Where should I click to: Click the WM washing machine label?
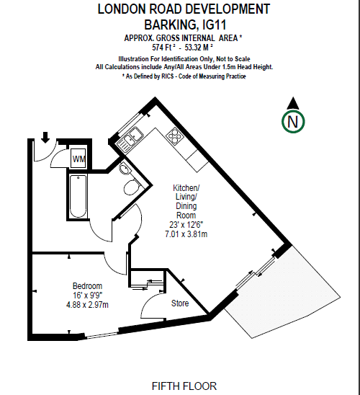(78, 159)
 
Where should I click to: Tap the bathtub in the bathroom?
(78, 196)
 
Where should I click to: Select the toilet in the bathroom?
(132, 187)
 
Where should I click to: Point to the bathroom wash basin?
(125, 168)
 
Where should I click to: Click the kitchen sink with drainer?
(130, 140)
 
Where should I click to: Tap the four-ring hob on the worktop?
(174, 136)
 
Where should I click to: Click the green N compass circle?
(293, 122)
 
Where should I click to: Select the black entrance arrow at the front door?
(45, 137)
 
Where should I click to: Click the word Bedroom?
(87, 286)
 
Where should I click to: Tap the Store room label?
(180, 303)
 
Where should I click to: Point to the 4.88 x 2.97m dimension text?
(87, 305)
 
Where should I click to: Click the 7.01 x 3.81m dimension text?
(186, 234)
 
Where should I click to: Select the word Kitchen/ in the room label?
(186, 188)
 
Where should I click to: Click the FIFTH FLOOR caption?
(184, 386)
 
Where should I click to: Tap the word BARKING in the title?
(170, 25)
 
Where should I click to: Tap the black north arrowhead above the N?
(293, 103)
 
